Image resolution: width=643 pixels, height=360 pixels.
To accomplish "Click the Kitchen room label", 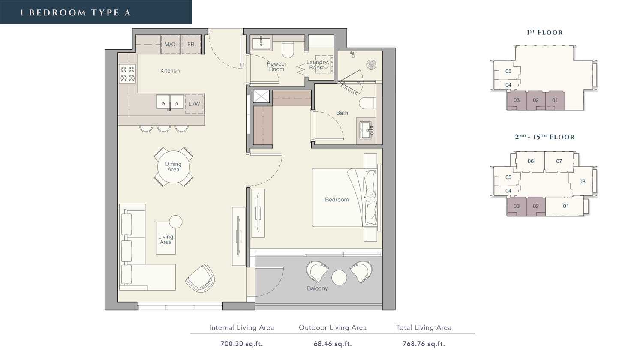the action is (170, 71).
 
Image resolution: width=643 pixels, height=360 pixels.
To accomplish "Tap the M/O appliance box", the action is (170, 45).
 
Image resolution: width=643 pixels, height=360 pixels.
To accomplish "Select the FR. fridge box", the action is (191, 45).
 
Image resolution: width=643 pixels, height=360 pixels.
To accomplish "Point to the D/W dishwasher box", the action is (194, 104).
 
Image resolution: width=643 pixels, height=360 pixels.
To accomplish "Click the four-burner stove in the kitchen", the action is (127, 73).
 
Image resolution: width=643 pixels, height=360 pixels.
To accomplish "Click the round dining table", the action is (173, 167).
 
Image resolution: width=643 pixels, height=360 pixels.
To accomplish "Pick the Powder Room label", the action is (276, 66).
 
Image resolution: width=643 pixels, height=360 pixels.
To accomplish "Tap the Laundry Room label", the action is (317, 65).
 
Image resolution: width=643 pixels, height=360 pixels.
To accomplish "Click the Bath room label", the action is (342, 113).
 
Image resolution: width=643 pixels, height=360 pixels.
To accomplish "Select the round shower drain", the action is (372, 64).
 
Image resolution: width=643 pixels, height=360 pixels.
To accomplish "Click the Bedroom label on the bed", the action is (337, 200).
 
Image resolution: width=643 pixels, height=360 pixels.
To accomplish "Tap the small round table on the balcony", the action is (339, 278).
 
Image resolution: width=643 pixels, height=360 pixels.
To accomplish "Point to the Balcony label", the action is (317, 288).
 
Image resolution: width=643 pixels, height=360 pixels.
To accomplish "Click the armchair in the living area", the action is (200, 278).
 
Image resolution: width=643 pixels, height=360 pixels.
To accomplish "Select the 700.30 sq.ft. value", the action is (242, 344).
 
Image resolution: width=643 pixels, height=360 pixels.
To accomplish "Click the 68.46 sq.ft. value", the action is (333, 344).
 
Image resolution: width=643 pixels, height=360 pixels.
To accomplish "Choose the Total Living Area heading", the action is (424, 327).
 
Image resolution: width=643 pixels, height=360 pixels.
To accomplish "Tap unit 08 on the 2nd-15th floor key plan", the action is (582, 181).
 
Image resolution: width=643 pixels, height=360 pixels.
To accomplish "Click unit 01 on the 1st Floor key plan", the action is (555, 100).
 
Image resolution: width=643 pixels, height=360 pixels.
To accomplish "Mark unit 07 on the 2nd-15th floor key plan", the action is (559, 161).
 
